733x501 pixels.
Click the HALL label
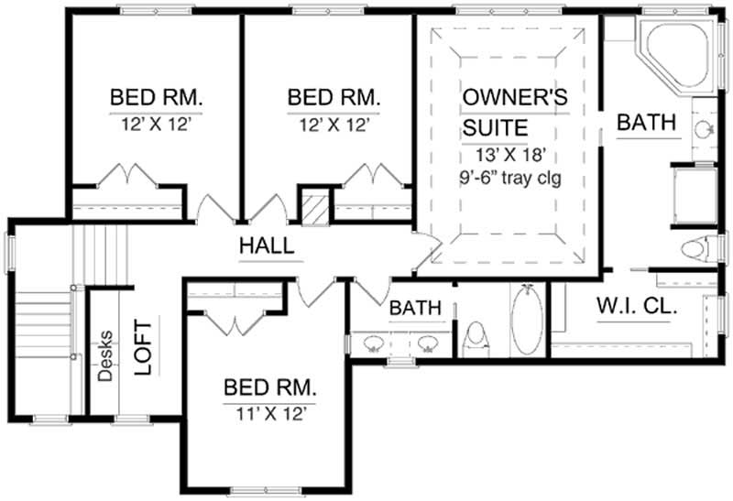[x=267, y=245]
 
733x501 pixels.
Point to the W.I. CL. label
[x=636, y=307]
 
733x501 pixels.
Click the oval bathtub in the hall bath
[x=525, y=321]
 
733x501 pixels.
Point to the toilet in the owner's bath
[x=698, y=248]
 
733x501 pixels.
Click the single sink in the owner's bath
[x=703, y=129]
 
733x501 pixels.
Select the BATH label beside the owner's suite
[x=646, y=122]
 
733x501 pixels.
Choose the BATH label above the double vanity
[x=415, y=308]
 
